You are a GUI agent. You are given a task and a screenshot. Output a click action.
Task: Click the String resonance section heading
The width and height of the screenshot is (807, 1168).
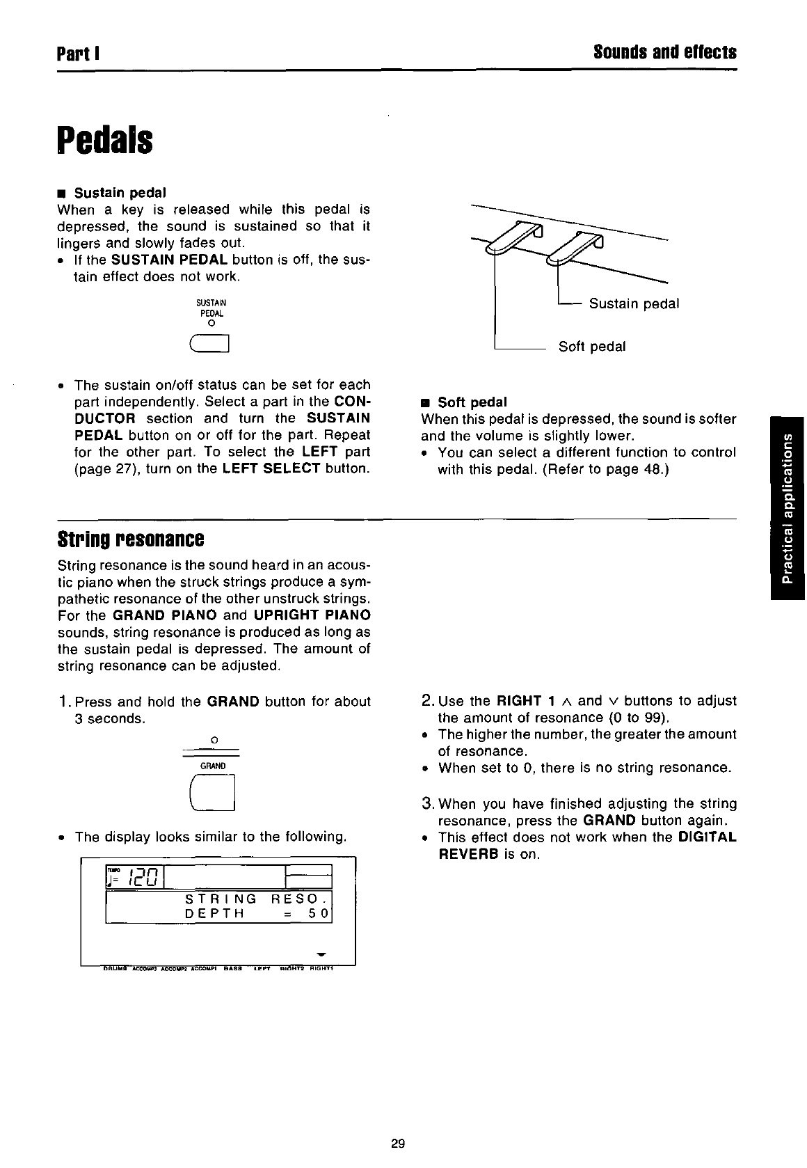(131, 539)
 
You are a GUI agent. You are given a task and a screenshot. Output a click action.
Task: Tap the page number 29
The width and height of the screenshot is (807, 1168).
(398, 1143)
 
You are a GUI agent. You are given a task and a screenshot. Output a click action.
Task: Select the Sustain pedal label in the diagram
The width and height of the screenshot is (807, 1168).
(634, 304)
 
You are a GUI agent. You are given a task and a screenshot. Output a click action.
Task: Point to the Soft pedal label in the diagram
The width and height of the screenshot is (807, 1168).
(592, 347)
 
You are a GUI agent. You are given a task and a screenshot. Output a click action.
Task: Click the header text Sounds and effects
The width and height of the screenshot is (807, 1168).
(664, 53)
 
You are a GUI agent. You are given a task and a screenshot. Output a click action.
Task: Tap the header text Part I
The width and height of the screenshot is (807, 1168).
(80, 53)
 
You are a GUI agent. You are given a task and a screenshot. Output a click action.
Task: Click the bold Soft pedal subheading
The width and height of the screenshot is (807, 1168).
(472, 402)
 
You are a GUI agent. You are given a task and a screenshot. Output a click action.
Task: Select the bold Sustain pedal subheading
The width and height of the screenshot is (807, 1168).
(120, 192)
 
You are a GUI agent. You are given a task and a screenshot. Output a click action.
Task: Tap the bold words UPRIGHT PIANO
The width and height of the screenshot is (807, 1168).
(312, 615)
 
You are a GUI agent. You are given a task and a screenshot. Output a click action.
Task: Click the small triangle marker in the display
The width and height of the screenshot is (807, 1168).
(321, 953)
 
